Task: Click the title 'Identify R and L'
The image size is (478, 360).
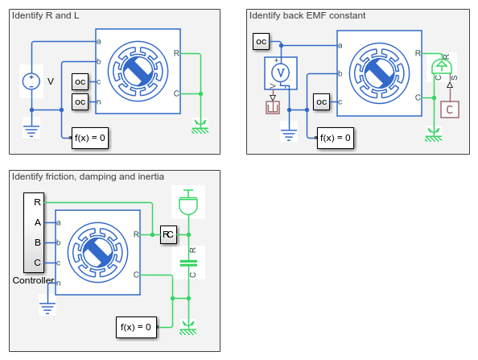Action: click(45, 15)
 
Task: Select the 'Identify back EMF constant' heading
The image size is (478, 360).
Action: click(307, 15)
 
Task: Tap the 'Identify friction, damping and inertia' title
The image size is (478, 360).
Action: click(88, 176)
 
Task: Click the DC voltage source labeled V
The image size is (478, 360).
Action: click(31, 81)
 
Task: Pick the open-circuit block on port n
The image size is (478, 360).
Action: click(80, 102)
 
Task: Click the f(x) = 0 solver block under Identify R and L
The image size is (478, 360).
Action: click(90, 139)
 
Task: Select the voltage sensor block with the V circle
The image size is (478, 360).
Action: click(281, 73)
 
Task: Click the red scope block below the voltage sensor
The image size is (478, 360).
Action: click(273, 108)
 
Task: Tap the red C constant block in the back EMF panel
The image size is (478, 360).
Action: click(450, 110)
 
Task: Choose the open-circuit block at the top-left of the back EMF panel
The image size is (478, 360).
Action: click(262, 42)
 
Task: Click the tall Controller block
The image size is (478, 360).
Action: click(34, 233)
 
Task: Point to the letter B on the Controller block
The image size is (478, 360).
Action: click(38, 242)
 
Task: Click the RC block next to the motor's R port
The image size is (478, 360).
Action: click(168, 234)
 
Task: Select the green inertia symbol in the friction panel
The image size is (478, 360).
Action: click(188, 202)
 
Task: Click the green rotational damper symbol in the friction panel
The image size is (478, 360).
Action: click(188, 263)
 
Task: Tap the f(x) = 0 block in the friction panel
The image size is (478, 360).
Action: click(136, 327)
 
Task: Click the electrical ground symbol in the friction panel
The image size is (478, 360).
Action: click(47, 306)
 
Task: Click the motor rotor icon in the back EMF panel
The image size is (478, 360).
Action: click(380, 73)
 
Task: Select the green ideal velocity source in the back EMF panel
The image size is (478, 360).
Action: click(442, 67)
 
